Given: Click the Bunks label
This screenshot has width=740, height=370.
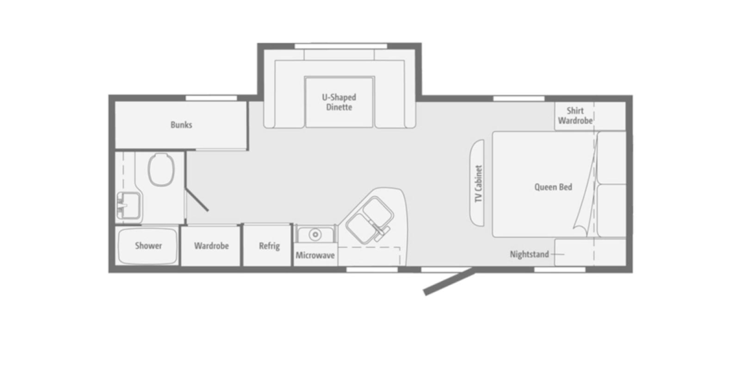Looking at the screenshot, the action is [x=181, y=125].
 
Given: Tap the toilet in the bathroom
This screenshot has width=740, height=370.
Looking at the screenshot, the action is [x=161, y=170].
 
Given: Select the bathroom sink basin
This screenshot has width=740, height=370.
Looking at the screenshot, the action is [x=129, y=205].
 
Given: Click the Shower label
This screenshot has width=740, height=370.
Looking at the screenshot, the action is [x=148, y=246].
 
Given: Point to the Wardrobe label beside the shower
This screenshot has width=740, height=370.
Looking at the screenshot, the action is [x=211, y=246].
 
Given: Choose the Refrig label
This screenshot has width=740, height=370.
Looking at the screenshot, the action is [x=269, y=246].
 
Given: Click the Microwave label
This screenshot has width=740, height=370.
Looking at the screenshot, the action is [x=315, y=255].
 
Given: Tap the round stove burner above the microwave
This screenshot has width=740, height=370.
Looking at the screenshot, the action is [x=315, y=234].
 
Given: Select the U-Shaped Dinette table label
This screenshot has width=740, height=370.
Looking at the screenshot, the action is [x=339, y=102].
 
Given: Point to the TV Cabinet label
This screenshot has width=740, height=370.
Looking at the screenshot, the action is [x=478, y=184].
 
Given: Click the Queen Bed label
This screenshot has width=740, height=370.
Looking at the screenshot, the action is [x=553, y=187].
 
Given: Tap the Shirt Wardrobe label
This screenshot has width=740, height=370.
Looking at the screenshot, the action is [x=575, y=116].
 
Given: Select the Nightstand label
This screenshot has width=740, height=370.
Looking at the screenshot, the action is [x=529, y=254].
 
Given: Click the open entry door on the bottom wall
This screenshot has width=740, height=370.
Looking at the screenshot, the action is [x=450, y=283].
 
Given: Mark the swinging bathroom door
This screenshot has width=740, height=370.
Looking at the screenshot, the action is [x=197, y=199].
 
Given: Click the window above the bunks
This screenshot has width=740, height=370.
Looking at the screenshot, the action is [x=211, y=98].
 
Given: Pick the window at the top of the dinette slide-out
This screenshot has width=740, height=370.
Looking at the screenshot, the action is [x=340, y=46].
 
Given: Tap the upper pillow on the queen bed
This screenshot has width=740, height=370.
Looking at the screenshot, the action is [x=611, y=158].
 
